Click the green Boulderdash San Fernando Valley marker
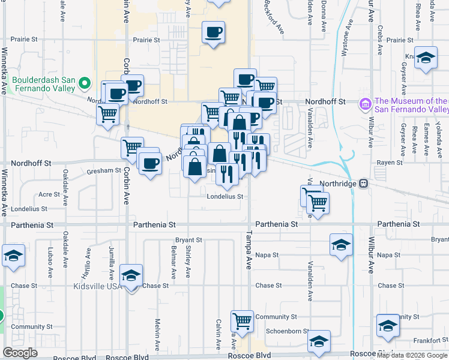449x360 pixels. point(85,83)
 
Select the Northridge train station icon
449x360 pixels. point(363,184)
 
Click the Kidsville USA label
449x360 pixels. point(96,286)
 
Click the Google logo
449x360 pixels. point(20,353)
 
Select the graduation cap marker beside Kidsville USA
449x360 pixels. point(131,277)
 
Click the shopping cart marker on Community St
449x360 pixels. point(242,320)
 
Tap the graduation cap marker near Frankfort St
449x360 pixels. point(388,326)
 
